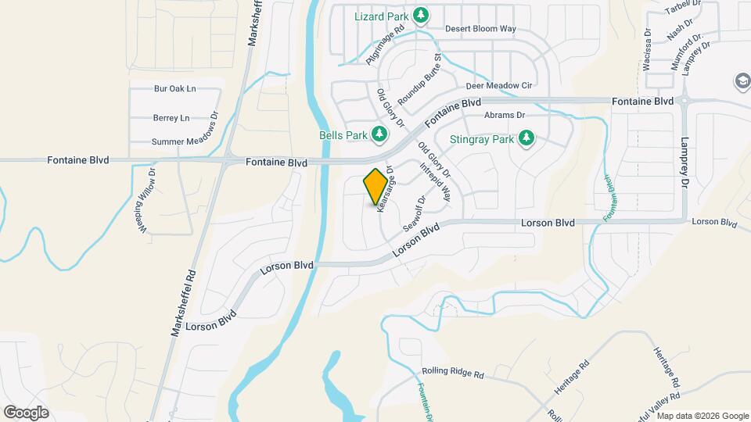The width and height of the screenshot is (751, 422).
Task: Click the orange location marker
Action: pyautogui.click(x=375, y=186)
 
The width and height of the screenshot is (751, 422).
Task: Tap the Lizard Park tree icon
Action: pyautogui.click(x=421, y=15)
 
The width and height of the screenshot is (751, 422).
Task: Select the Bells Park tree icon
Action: pyautogui.click(x=379, y=134)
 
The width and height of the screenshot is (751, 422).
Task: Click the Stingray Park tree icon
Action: pyautogui.click(x=526, y=139)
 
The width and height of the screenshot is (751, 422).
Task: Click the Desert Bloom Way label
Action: pyautogui.click(x=480, y=29)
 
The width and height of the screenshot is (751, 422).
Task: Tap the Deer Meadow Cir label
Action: pyautogui.click(x=498, y=85)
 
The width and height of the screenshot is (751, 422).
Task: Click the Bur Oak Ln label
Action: pyautogui.click(x=175, y=88)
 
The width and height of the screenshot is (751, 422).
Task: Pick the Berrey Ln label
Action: pyautogui.click(x=171, y=118)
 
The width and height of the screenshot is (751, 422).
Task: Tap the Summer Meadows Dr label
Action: pyautogui.click(x=185, y=141)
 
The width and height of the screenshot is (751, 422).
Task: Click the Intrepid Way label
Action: pyautogui.click(x=436, y=182)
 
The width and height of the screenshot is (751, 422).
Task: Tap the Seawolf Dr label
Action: pyautogui.click(x=414, y=213)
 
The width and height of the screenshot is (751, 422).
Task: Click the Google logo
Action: pyautogui.click(x=26, y=412)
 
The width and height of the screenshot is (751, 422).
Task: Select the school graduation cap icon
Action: pyautogui.click(x=741, y=81)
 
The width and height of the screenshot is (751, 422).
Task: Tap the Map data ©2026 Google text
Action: pyautogui.click(x=699, y=415)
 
